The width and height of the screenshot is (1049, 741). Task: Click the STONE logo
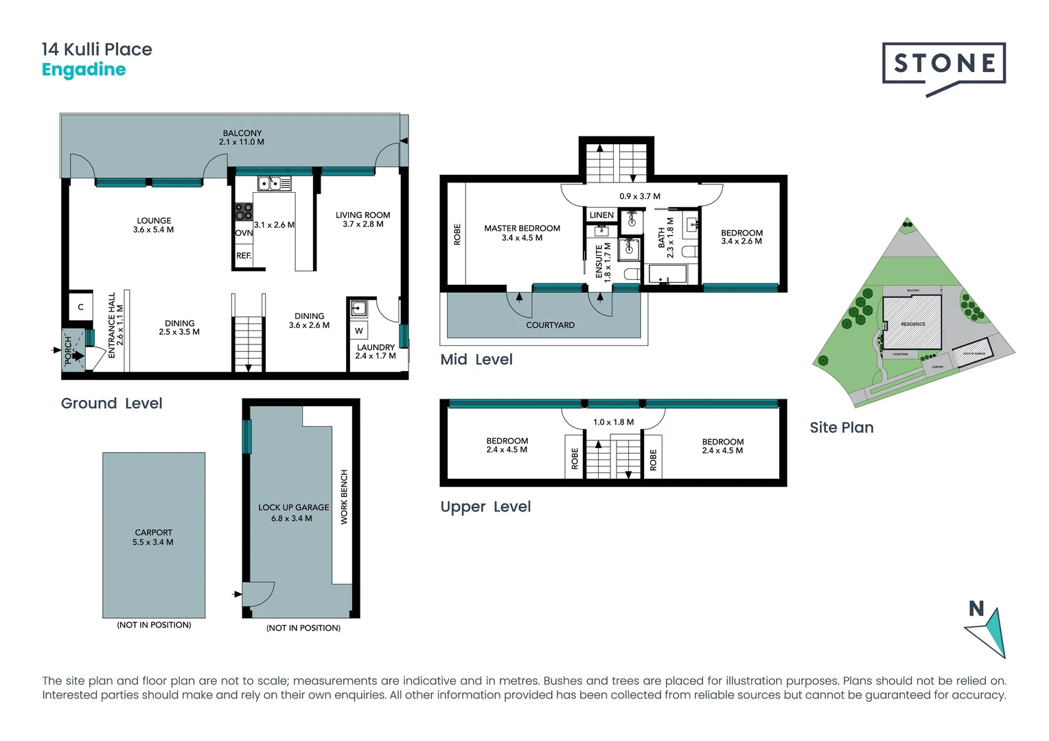944,64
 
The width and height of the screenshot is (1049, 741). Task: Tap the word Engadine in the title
84,70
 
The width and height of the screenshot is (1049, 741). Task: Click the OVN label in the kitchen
244,233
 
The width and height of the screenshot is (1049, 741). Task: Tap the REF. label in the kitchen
244,256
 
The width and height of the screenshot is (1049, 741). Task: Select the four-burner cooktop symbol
244,211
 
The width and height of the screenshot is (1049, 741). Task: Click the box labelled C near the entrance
80,307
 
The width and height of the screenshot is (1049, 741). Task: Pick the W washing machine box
358,331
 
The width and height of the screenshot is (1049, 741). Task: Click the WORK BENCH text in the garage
344,497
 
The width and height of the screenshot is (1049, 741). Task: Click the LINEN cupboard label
601,215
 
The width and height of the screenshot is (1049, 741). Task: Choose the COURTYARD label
550,325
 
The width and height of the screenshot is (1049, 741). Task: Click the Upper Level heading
485,507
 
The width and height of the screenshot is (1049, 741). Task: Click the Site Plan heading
841,427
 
